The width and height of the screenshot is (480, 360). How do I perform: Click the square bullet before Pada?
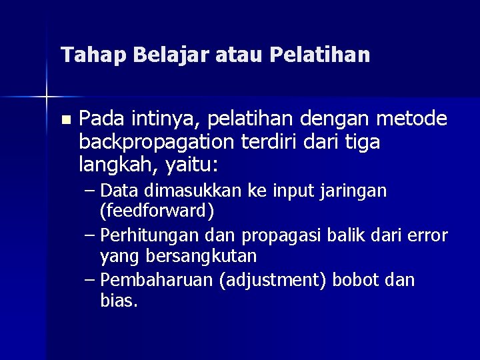(x=64, y=121)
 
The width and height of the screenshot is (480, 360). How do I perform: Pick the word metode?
(x=412, y=119)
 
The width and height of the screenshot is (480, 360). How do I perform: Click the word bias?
(x=118, y=301)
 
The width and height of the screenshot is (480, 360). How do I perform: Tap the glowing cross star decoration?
(x=46, y=97)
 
